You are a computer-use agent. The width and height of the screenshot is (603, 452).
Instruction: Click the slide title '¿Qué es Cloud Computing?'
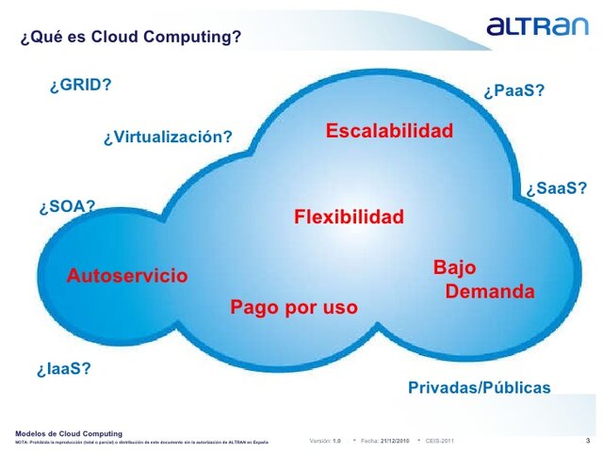[131, 38]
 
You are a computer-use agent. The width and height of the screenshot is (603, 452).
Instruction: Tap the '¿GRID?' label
[80, 85]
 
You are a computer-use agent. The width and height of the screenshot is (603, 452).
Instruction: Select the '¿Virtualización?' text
[168, 137]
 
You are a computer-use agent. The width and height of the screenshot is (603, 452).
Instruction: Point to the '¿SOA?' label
[67, 206]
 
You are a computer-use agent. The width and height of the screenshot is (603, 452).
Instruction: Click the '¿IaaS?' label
[64, 368]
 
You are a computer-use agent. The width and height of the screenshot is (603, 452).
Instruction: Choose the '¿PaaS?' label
[513, 91]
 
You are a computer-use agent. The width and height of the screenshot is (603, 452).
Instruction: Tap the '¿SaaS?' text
[556, 188]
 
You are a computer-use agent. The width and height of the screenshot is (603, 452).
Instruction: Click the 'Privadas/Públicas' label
[479, 388]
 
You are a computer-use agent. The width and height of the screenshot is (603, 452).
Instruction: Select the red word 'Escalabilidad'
[389, 131]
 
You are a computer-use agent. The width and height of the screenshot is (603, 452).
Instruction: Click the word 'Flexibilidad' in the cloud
[349, 218]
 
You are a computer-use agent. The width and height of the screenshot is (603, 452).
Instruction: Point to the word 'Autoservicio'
[127, 276]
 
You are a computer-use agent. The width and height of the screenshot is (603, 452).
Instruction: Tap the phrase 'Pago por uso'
[294, 307]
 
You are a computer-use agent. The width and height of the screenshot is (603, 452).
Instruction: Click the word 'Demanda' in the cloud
[489, 292]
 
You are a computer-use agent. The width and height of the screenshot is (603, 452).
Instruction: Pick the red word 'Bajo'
[454, 267]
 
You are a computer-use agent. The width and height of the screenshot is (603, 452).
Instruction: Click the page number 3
[588, 440]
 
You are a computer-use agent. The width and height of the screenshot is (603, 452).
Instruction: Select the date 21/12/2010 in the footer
[395, 441]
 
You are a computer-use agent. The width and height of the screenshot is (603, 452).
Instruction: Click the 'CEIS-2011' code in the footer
[439, 441]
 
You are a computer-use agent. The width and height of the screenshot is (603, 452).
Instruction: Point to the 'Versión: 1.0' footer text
[325, 441]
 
